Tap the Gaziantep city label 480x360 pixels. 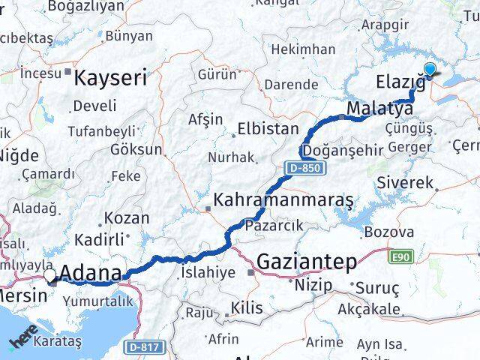(x=307, y=262)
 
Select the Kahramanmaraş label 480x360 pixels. (x=283, y=200)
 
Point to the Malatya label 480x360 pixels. (x=379, y=109)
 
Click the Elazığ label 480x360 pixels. (x=399, y=82)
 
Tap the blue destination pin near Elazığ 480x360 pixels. (x=430, y=70)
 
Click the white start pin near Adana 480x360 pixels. (x=50, y=276)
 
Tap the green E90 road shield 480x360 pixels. (x=400, y=256)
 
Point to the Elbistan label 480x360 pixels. (x=268, y=128)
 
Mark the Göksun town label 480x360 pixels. (x=136, y=149)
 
